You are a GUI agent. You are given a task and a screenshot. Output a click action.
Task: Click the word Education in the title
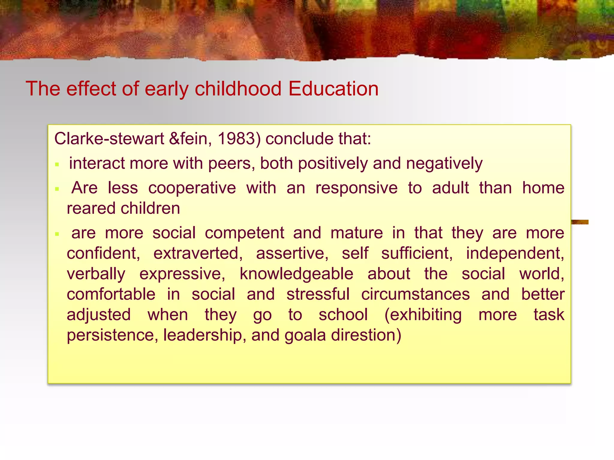tap(333, 89)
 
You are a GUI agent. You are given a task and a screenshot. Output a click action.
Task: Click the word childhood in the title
tap(238, 89)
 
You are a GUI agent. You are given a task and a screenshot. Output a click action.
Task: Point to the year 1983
tap(236, 139)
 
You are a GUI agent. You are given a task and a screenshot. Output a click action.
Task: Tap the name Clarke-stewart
tap(109, 139)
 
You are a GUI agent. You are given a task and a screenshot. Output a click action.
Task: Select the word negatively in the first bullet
tap(444, 164)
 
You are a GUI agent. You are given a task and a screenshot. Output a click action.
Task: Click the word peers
tap(231, 164)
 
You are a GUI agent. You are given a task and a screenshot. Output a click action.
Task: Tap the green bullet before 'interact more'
tap(57, 164)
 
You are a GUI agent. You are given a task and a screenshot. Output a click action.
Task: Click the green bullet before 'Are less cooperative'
tap(57, 189)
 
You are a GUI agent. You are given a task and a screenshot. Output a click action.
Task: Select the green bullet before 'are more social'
tap(57, 234)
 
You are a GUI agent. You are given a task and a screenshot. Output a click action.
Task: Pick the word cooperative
tap(192, 188)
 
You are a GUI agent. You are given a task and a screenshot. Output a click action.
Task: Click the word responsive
tap(356, 188)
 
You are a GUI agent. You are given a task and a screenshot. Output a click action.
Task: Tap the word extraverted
tap(198, 253)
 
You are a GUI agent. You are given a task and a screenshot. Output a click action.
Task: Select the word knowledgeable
tap(296, 274)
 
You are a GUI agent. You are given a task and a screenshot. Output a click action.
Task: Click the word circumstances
tap(415, 294)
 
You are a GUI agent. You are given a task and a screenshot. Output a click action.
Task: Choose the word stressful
tap(318, 294)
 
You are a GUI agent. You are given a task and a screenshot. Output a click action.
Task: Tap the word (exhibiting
tap(423, 315)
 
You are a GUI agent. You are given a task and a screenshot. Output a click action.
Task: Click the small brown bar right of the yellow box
tap(580, 222)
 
